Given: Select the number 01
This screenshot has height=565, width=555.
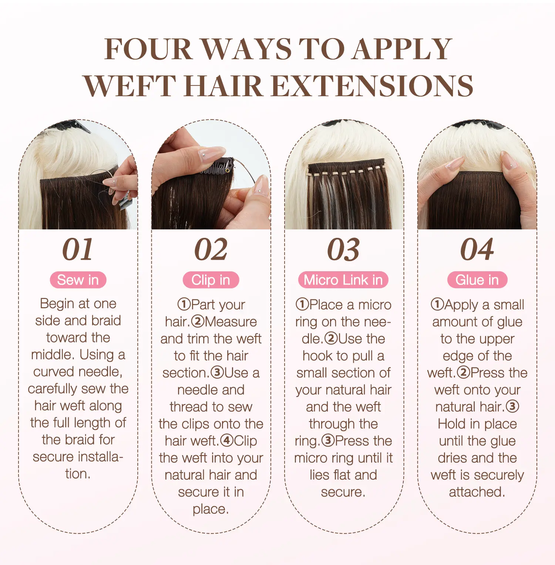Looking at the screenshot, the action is click(78, 249).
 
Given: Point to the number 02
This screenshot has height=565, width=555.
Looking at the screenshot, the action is click(211, 249).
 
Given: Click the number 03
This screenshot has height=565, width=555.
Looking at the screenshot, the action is click(343, 249).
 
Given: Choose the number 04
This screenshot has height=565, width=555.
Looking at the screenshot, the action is click(477, 249).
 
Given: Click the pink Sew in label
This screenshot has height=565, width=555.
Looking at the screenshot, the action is click(78, 280).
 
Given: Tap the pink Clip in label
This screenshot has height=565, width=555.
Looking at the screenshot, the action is click(211, 280).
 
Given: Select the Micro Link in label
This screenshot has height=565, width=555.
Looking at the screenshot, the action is click(343, 280).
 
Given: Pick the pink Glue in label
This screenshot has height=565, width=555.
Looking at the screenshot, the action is click(477, 280).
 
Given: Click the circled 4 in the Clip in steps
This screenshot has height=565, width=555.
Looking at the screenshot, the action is click(227, 440).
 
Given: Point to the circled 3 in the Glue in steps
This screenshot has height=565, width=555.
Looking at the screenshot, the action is click(512, 406).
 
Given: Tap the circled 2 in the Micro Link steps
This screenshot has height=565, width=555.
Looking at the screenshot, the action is click(331, 338).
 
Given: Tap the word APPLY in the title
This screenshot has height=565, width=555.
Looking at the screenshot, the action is click(401, 49).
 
